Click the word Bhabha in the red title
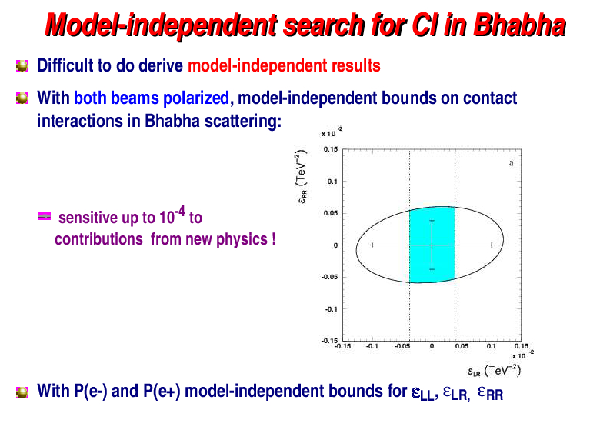point(520,25)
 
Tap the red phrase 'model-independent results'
point(284,65)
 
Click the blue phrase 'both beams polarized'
point(152,98)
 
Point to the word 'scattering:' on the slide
point(243,121)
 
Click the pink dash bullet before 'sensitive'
point(44,216)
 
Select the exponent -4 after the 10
point(181,212)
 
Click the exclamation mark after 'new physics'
point(273,239)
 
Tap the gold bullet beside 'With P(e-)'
point(22,392)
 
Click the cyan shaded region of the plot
point(432,245)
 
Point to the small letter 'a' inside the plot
point(511,163)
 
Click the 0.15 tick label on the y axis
point(331,149)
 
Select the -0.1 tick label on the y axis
point(332,309)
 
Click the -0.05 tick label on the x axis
point(402,346)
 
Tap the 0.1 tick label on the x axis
point(491,346)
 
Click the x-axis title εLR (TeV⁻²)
point(494,371)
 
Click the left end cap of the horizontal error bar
point(372,245)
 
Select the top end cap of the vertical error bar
point(432,221)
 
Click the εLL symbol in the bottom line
point(422,394)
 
